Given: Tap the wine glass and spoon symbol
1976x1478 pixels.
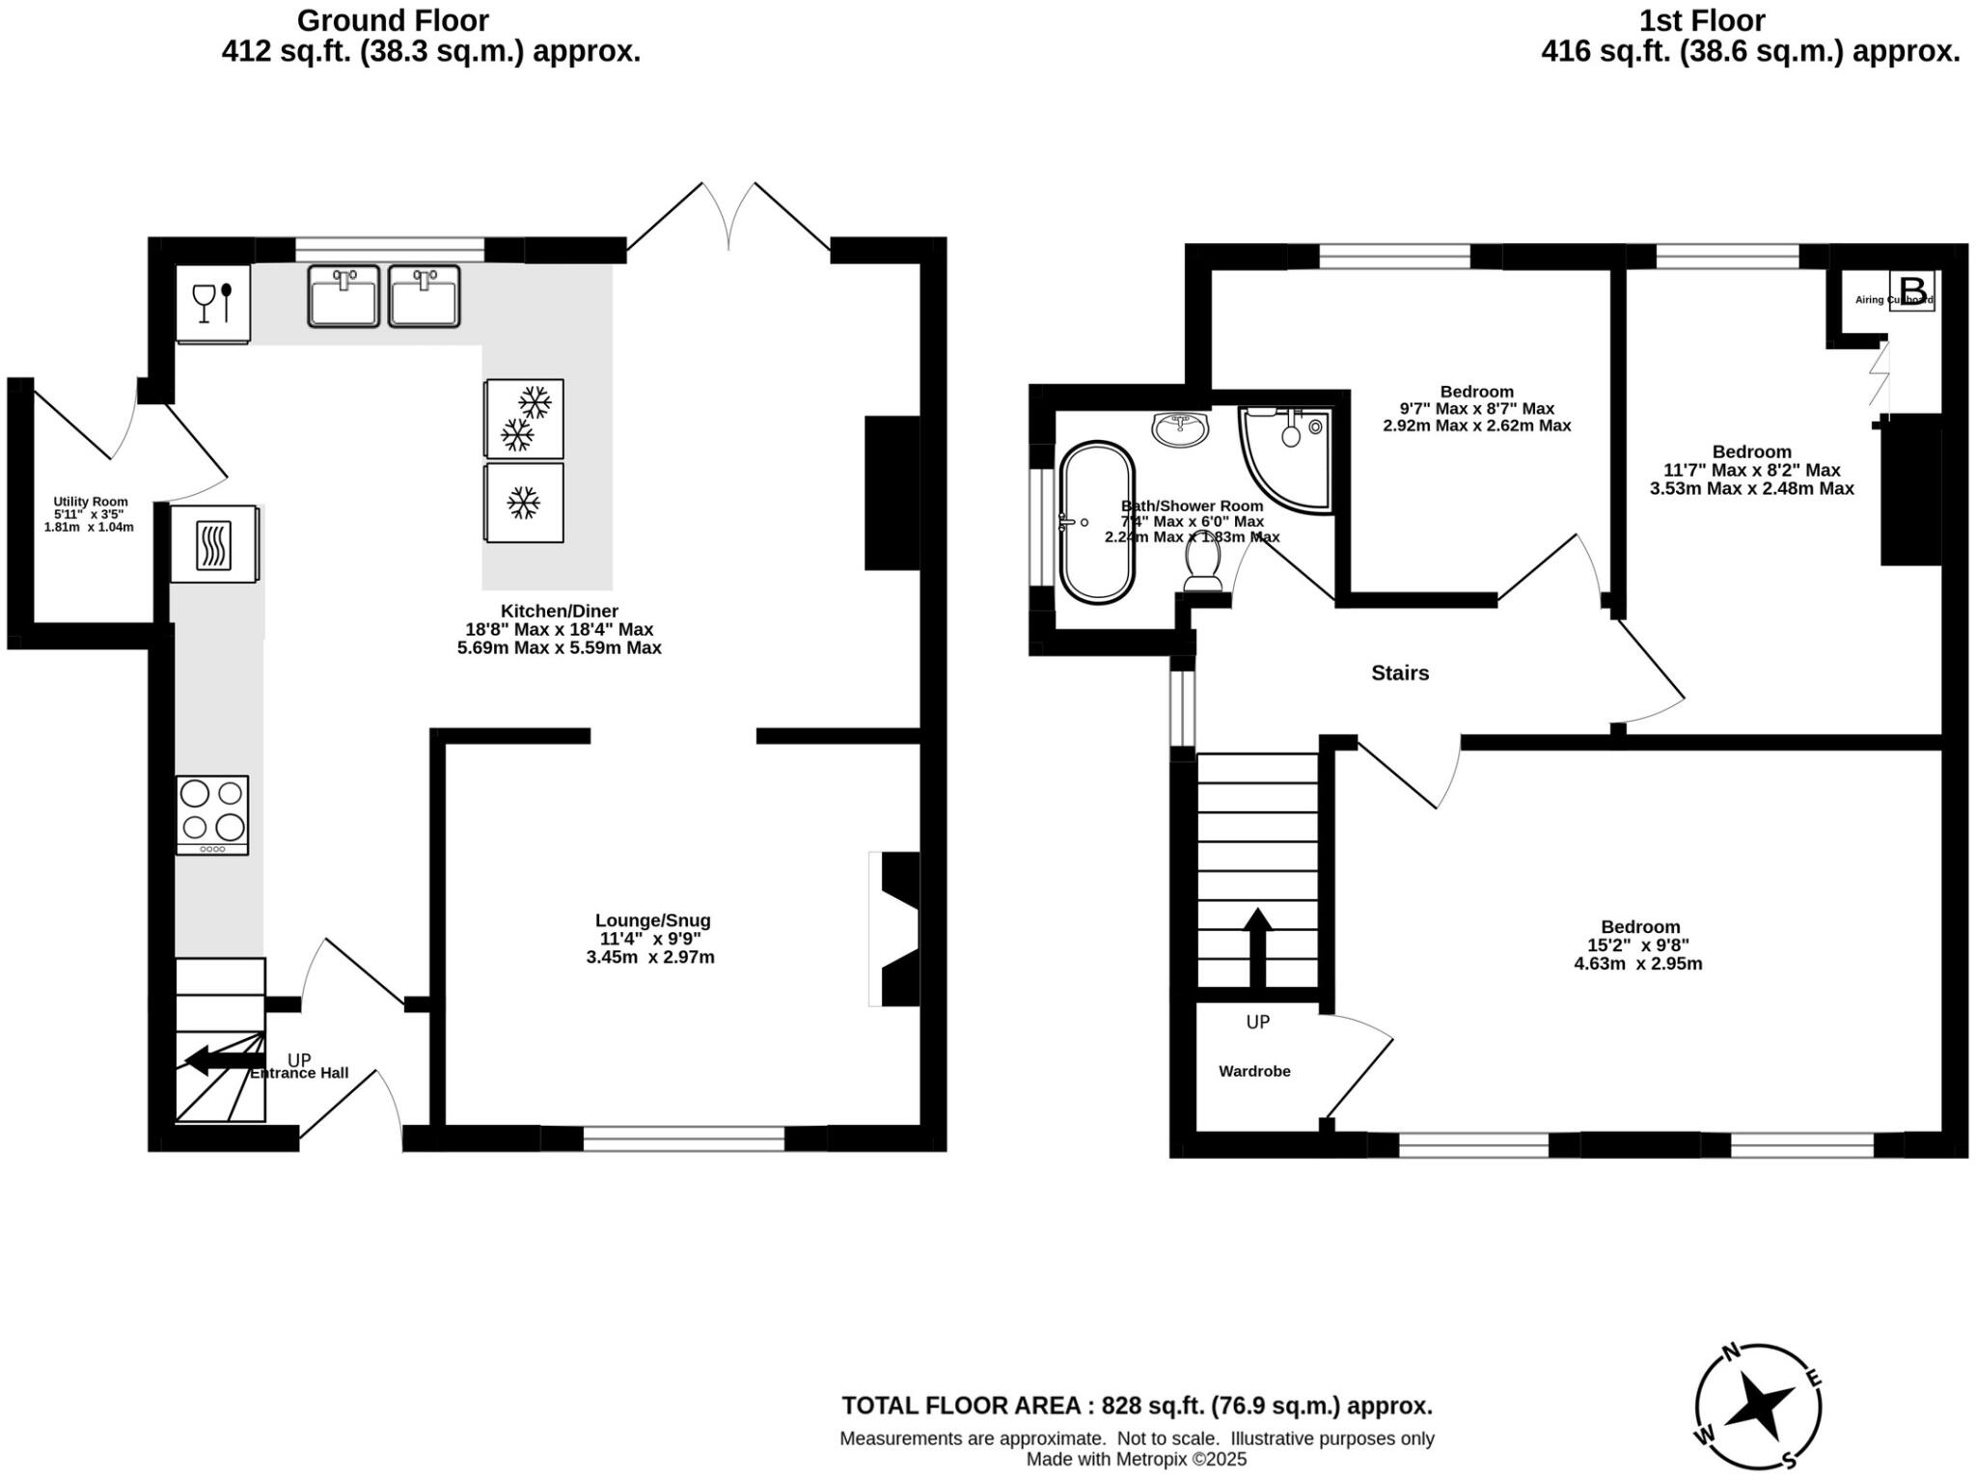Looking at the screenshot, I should point(213,302).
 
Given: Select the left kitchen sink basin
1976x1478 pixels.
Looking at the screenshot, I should point(343,296).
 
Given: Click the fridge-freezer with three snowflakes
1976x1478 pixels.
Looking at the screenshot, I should point(524,419).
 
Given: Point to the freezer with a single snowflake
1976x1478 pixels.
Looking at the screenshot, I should point(524,503).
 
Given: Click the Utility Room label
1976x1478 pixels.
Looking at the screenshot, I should point(90,502).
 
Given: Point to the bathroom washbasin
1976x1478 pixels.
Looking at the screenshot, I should point(1179,428).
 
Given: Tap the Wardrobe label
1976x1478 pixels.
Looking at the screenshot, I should point(1254,1071).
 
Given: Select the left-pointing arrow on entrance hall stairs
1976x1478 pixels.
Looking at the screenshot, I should point(218,1059).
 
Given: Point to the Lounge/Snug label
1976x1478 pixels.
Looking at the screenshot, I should point(652,920).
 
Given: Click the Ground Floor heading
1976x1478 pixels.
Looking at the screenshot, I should point(393,20).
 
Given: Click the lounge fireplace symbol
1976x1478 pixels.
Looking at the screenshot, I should point(896,929).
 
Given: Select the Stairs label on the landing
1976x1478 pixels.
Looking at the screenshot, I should point(1400,673).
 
